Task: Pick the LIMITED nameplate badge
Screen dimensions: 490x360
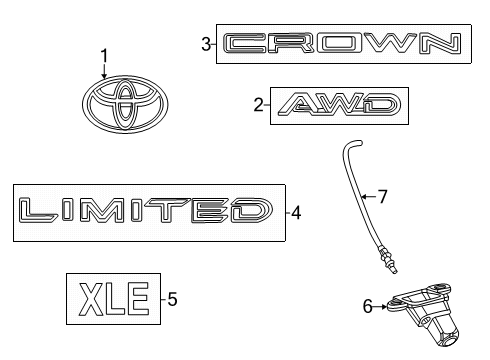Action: (146, 211)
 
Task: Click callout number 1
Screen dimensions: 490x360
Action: (102, 56)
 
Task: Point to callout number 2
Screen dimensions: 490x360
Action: (257, 104)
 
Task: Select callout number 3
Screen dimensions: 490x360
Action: (205, 43)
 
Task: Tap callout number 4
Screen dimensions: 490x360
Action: (296, 211)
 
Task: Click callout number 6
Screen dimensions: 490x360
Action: (368, 308)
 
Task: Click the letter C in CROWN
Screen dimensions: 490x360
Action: (244, 43)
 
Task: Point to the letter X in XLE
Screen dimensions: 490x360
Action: (91, 297)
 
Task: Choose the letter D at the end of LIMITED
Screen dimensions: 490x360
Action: (249, 211)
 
